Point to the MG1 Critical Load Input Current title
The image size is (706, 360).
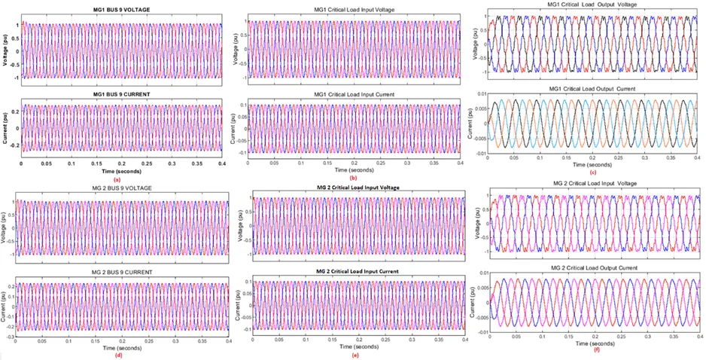point(351,93)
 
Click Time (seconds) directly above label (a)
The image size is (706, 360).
point(120,172)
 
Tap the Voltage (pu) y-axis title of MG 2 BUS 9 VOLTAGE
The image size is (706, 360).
point(5,223)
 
